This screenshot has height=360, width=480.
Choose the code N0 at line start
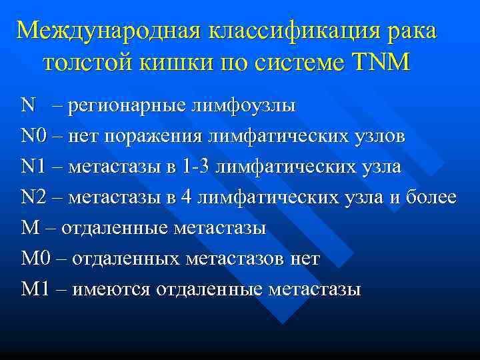(x=32, y=136)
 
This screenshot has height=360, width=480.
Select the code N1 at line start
(x=32, y=167)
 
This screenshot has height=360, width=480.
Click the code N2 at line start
(x=32, y=197)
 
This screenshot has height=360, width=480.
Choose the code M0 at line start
(x=34, y=259)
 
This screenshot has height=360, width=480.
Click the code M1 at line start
(x=34, y=289)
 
